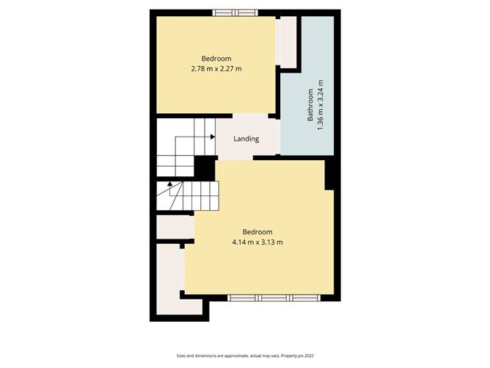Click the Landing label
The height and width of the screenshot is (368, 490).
tap(246, 139)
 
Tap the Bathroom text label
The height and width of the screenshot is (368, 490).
tap(310, 107)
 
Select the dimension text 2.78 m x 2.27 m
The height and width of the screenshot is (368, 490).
tap(216, 69)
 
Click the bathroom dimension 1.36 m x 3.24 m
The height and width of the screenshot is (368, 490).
tap(321, 107)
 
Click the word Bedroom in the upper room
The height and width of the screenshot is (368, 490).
tap(216, 59)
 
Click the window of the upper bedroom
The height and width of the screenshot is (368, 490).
tap(235, 12)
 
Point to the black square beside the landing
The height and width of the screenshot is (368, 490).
tap(204, 168)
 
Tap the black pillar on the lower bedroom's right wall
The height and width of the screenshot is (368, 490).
tap(330, 173)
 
